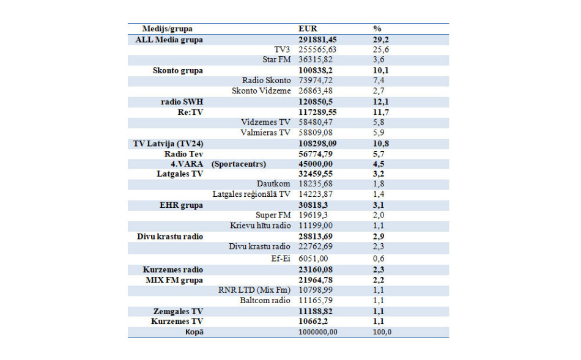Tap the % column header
(x=377, y=29)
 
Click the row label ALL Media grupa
(x=169, y=40)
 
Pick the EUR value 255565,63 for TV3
(x=322, y=50)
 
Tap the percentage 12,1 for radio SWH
(x=380, y=101)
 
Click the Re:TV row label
(x=190, y=112)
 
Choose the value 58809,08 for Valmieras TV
(x=322, y=133)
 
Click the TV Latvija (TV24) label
(x=168, y=143)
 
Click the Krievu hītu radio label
(x=261, y=226)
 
